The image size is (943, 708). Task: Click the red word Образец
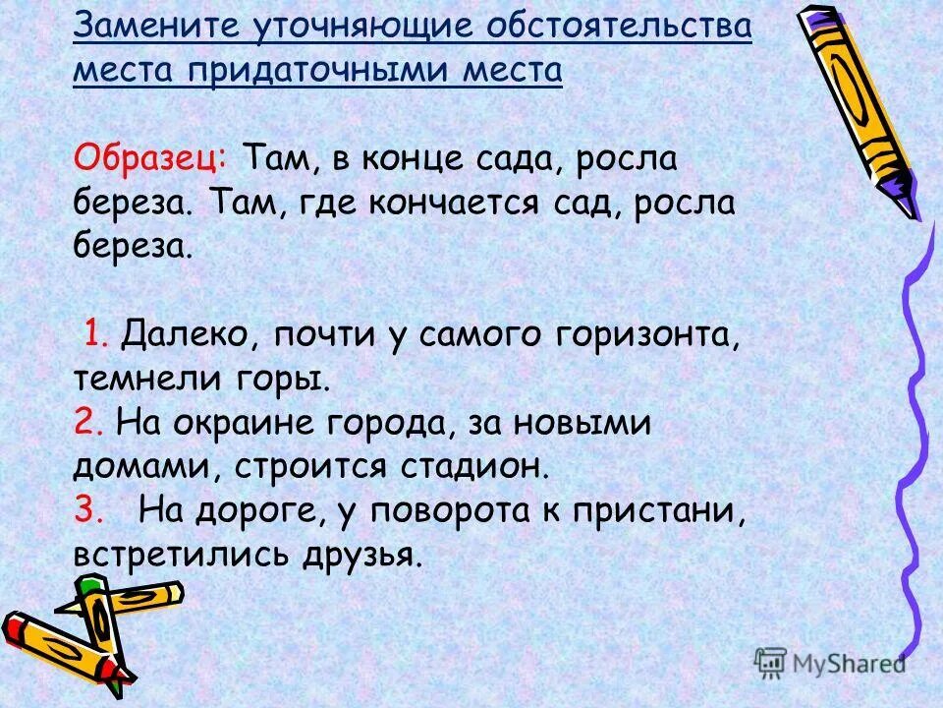[150, 156]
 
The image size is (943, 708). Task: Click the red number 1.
[95, 334]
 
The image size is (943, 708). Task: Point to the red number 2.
[83, 422]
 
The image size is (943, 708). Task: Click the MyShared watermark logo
[831, 661]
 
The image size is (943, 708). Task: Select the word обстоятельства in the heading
[598, 27]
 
